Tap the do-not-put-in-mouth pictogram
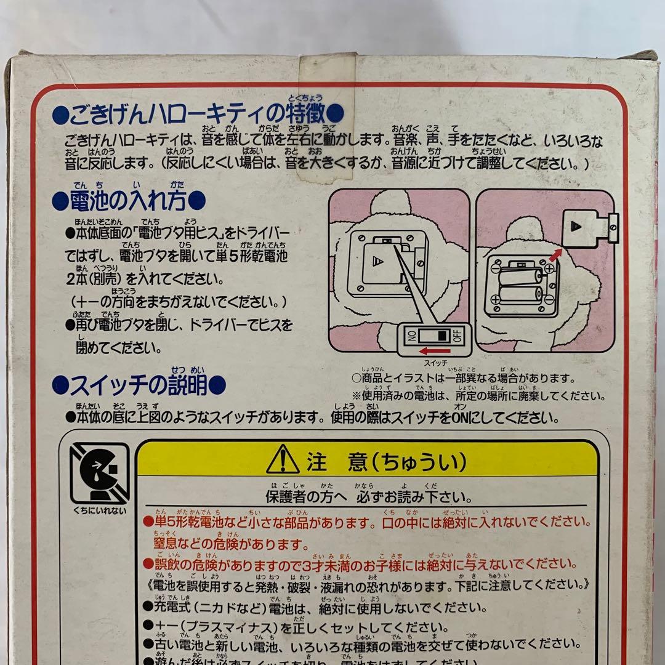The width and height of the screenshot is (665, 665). pos(99,474)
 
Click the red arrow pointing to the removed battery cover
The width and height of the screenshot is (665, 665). pos(556,252)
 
